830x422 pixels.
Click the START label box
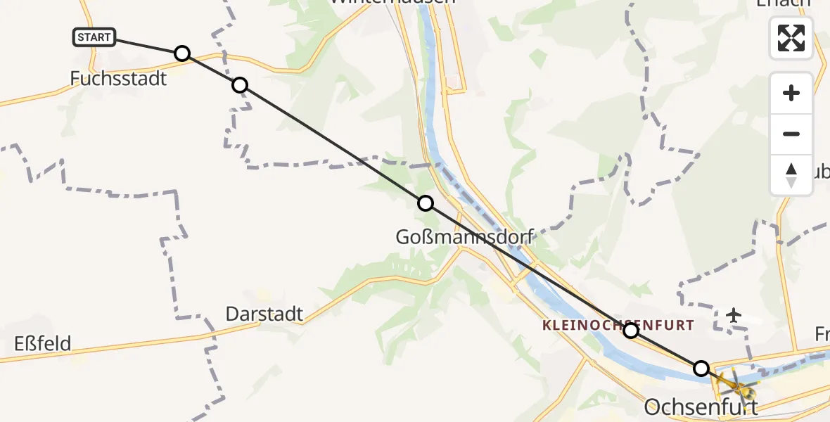(x=94, y=37)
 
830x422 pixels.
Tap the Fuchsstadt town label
(x=118, y=78)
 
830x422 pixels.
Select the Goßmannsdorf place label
(x=465, y=237)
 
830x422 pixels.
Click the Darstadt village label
(x=264, y=314)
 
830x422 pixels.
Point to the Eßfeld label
(x=42, y=344)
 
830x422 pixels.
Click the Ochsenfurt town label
(x=701, y=407)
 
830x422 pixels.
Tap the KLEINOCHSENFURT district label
(x=618, y=326)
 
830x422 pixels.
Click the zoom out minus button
(x=791, y=134)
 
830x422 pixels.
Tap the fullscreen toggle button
(x=791, y=38)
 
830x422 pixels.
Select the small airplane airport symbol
(x=734, y=314)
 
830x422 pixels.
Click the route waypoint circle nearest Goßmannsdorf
(x=426, y=203)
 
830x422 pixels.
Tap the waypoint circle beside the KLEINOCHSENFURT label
(x=631, y=331)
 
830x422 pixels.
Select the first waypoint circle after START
(x=182, y=53)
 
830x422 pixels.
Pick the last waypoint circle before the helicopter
(x=701, y=368)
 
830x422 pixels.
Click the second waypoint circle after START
(x=240, y=85)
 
